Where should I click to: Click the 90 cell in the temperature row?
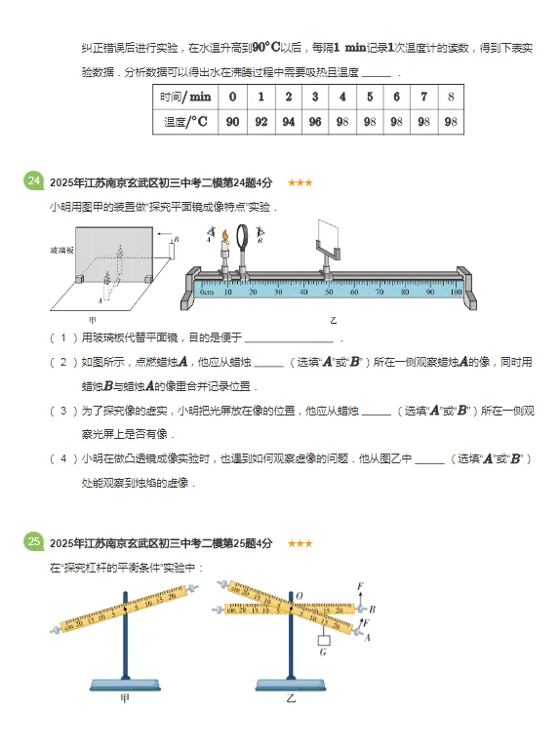232,122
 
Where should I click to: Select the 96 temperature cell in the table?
314,122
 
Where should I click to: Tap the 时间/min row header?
185,97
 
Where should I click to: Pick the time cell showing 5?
369,97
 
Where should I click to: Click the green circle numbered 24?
34,181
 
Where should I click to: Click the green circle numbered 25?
34,542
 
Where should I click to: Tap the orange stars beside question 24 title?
300,182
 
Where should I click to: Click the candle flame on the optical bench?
224,234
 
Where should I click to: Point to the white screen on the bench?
329,233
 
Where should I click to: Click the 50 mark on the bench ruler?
329,291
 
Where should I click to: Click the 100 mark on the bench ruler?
456,291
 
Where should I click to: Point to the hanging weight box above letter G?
326,641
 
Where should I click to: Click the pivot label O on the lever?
299,595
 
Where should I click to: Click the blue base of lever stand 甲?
124,684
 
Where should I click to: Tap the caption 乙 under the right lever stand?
290,699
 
